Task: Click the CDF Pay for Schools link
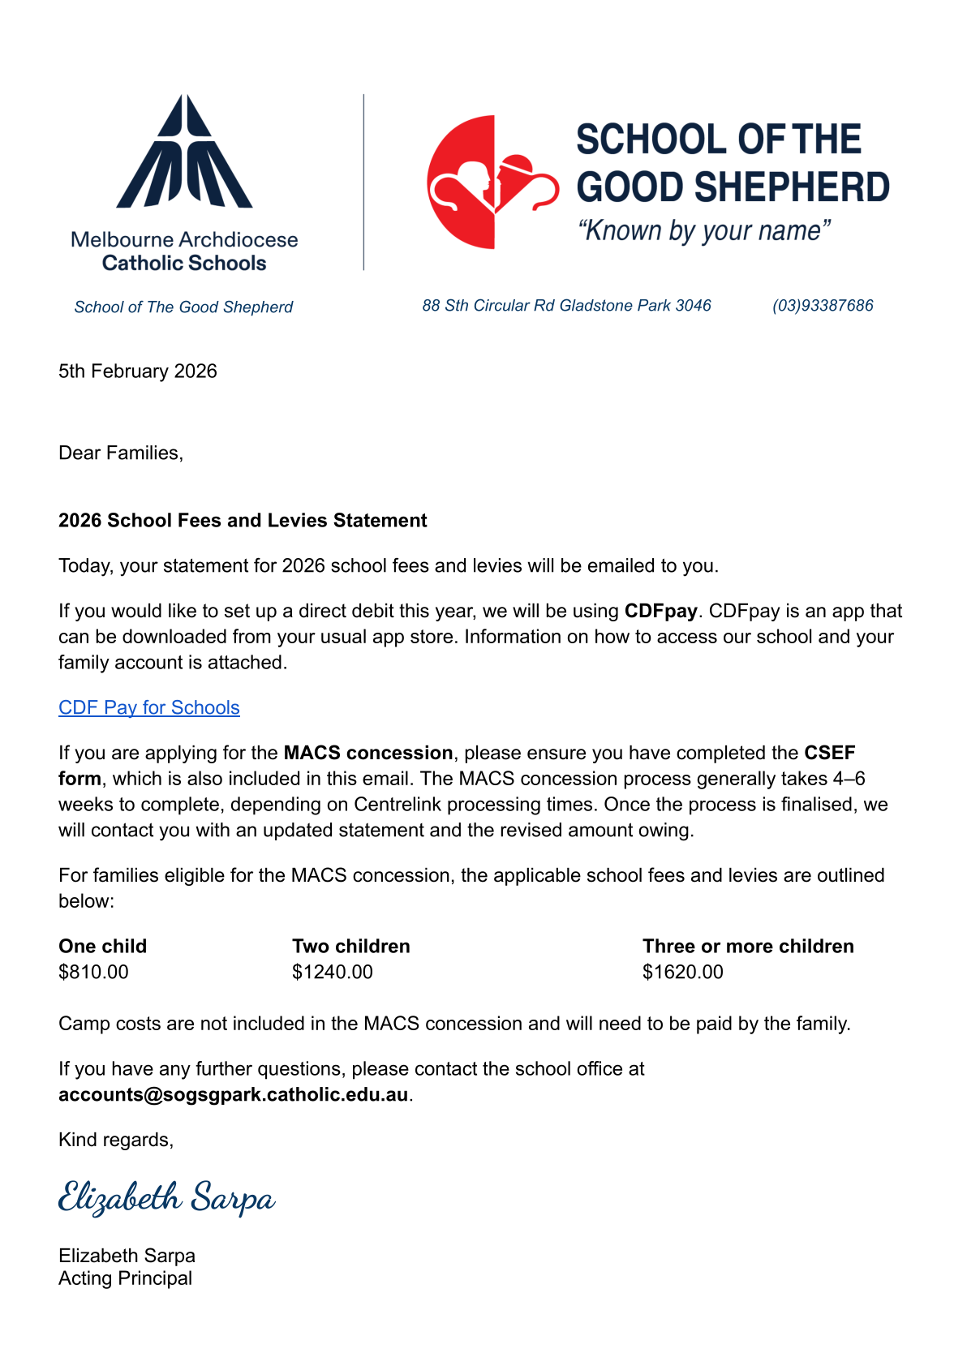click(x=149, y=707)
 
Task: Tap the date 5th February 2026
click(x=138, y=372)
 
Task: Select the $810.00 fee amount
click(x=93, y=972)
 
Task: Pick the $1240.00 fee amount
click(x=333, y=972)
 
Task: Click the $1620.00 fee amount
click(x=683, y=972)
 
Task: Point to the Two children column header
click(x=351, y=946)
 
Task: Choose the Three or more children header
click(x=748, y=946)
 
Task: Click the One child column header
click(x=103, y=946)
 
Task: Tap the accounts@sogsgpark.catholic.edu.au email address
click(x=233, y=1094)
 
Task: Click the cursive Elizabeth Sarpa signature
click(x=167, y=1198)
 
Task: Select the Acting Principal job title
click(x=126, y=1278)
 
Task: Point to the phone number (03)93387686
click(x=823, y=306)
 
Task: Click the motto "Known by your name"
click(x=704, y=231)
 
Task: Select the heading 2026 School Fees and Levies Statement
click(x=243, y=520)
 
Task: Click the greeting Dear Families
click(x=121, y=453)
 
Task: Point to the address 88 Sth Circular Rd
click(x=566, y=306)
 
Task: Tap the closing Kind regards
click(x=116, y=1140)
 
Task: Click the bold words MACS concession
click(x=368, y=753)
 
